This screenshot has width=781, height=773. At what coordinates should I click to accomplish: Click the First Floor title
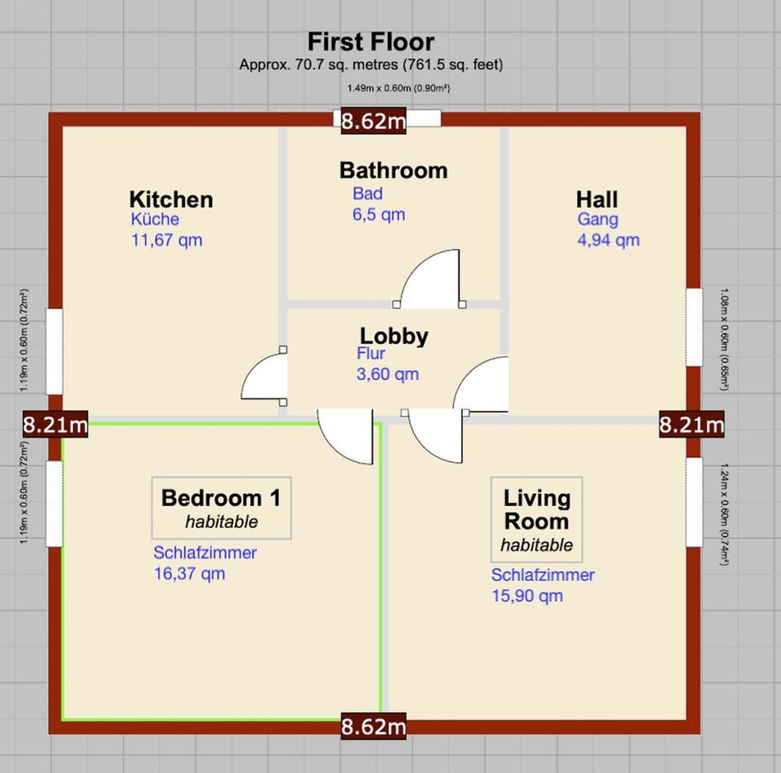(x=371, y=41)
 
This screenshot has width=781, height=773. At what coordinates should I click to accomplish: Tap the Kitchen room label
(x=172, y=199)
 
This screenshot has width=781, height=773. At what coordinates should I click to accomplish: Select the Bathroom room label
(x=394, y=170)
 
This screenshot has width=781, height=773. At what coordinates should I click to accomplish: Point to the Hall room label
(x=596, y=199)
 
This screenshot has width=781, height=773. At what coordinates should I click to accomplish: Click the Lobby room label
(x=394, y=336)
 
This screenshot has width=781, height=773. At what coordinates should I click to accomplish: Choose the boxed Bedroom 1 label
(x=221, y=508)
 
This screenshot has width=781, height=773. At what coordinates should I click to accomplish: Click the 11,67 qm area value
(x=167, y=240)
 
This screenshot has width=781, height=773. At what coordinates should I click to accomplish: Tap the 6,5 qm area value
(x=378, y=215)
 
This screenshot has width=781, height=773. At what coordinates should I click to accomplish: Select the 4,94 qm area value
(x=609, y=240)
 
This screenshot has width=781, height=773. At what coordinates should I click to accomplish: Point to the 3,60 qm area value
(x=387, y=374)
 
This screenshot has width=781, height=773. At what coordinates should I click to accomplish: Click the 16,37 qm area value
(x=190, y=574)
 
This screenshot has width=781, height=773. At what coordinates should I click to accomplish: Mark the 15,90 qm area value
(x=527, y=596)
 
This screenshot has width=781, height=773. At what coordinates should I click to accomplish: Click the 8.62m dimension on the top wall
(x=373, y=121)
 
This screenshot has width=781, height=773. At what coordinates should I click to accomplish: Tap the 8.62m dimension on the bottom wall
(x=373, y=727)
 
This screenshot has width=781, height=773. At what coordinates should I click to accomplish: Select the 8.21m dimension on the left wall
(x=55, y=425)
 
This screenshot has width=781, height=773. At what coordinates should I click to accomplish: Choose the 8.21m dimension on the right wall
(x=692, y=425)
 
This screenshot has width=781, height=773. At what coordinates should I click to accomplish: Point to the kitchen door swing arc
(x=254, y=369)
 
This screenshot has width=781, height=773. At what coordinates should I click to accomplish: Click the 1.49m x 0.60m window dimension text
(x=399, y=88)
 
